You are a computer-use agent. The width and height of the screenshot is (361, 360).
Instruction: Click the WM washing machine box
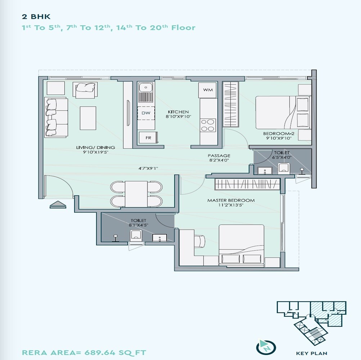(x=208, y=90)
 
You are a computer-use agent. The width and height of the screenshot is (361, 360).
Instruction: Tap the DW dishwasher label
(x=145, y=113)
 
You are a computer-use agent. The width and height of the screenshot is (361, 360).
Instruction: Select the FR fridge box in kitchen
(x=148, y=138)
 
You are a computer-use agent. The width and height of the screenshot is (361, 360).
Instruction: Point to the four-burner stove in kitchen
(x=208, y=125)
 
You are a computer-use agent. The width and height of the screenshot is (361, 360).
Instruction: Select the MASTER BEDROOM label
(x=231, y=200)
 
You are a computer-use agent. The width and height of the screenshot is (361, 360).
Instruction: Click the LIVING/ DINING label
(x=95, y=147)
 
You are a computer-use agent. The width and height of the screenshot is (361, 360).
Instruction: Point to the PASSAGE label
(x=219, y=156)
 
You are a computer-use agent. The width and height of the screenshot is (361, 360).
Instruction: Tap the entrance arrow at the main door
(x=58, y=205)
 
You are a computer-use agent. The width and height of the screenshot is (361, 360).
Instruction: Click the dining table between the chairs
(x=136, y=194)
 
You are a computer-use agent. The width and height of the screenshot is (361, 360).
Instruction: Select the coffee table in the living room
(x=88, y=118)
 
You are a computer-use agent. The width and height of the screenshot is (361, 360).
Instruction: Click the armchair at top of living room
(x=85, y=89)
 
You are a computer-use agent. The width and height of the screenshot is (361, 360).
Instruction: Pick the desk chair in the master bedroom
(x=200, y=239)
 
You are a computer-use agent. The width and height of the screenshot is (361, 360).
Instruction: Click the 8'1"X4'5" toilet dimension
(x=139, y=225)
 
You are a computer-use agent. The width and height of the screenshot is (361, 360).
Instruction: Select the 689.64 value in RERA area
(x=99, y=352)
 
